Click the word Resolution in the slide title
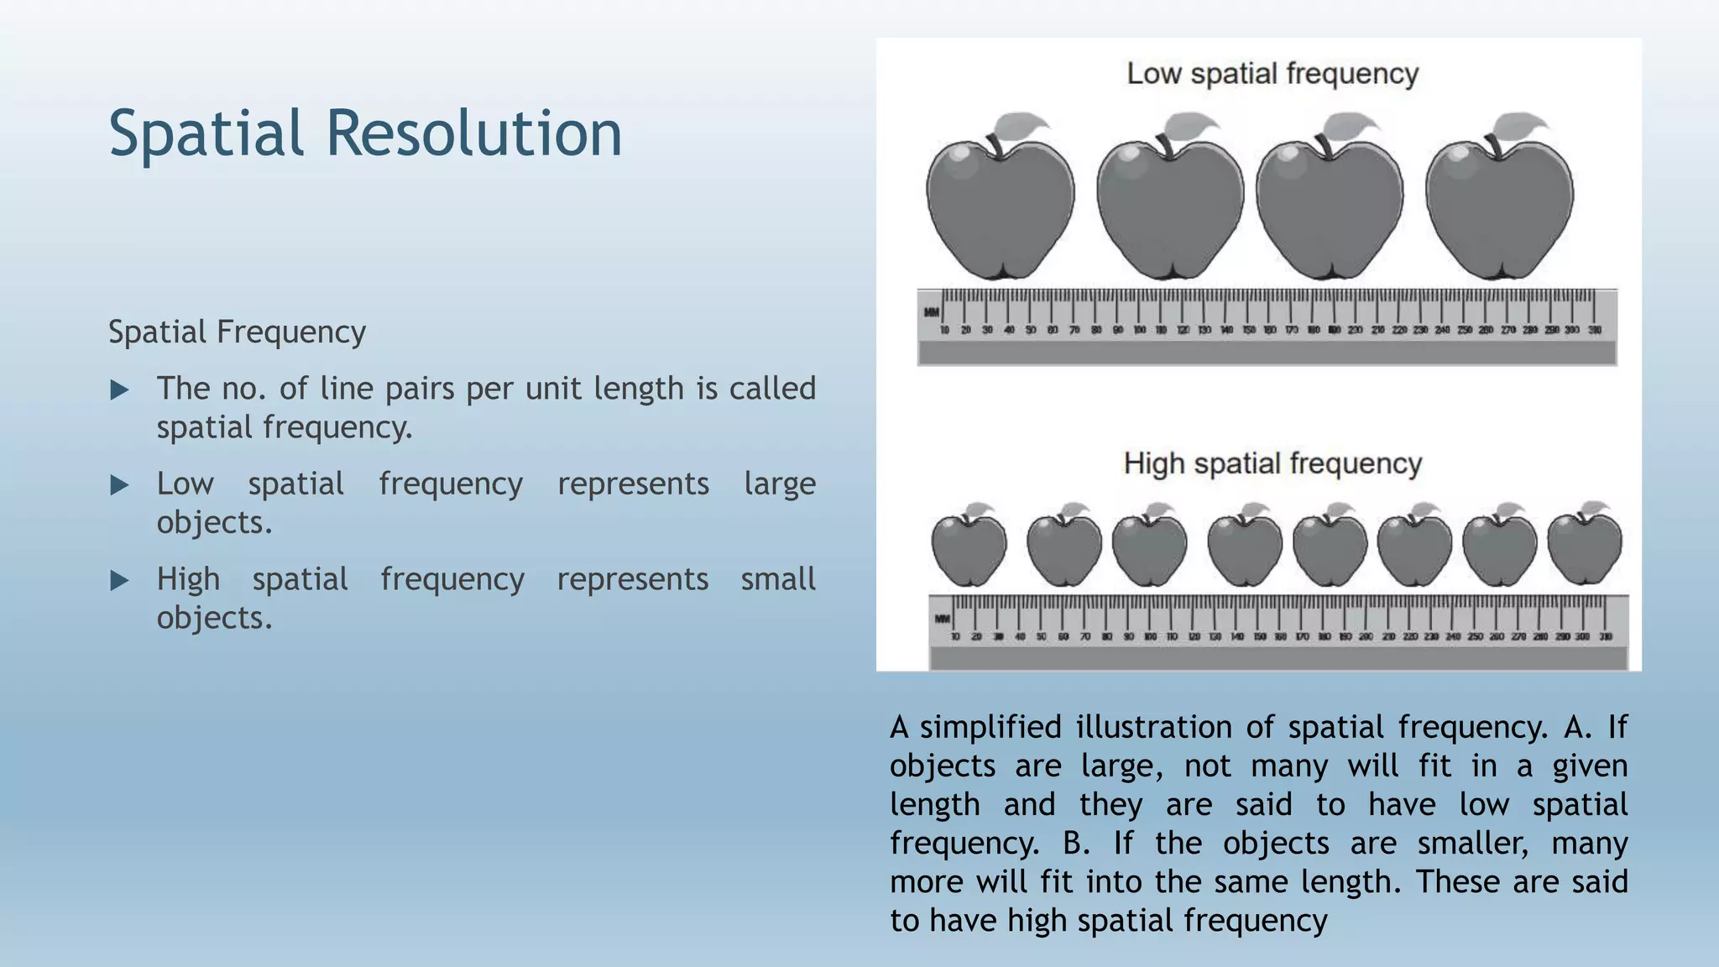click(x=473, y=134)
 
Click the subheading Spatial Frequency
click(x=237, y=332)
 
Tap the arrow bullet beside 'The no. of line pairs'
click(x=120, y=389)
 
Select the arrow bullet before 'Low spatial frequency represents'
click(x=120, y=485)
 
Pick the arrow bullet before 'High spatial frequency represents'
click(x=120, y=581)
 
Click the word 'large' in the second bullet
click(x=779, y=484)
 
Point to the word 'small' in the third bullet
click(x=777, y=579)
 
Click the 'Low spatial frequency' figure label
click(x=1272, y=74)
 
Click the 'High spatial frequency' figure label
click(x=1272, y=463)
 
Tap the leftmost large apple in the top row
click(x=1000, y=206)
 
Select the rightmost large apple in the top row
click(x=1499, y=206)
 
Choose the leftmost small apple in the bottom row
click(x=969, y=550)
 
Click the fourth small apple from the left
click(x=1245, y=550)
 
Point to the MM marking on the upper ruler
click(x=932, y=312)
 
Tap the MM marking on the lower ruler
click(x=943, y=619)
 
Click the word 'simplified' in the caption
click(x=990, y=727)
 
